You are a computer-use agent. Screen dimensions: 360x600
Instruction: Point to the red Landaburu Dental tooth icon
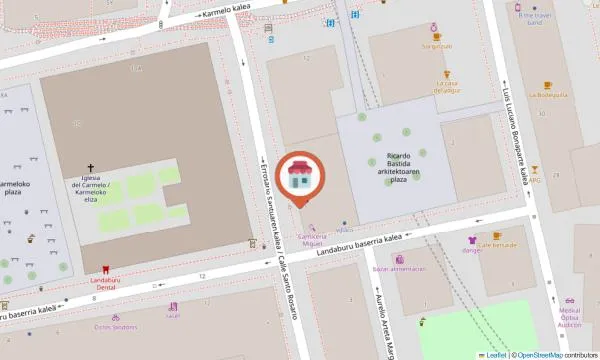[105, 268]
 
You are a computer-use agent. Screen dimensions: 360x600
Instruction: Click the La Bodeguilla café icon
[547, 85]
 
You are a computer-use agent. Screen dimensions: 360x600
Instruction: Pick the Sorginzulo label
[437, 45]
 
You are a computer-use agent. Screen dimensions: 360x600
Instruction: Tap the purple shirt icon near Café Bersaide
[472, 241]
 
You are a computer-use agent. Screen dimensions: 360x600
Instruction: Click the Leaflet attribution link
[494, 354]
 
